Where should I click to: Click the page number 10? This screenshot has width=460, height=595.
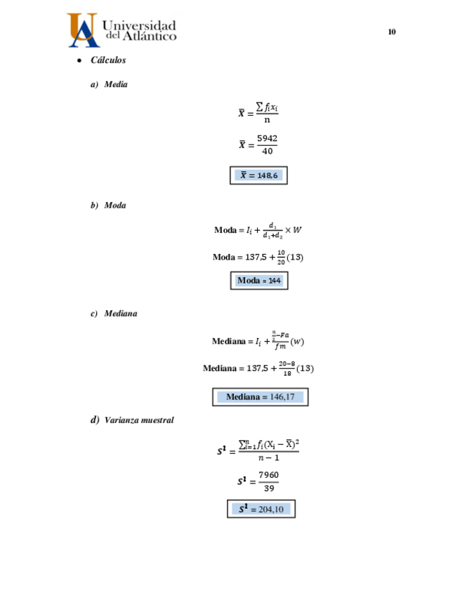(392, 32)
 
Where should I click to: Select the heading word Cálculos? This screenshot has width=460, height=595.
(108, 60)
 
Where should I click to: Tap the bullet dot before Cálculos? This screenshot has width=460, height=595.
(79, 61)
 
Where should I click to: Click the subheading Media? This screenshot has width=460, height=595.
(116, 85)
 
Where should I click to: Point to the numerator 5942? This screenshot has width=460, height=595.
(267, 139)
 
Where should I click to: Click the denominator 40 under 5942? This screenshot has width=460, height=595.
(267, 152)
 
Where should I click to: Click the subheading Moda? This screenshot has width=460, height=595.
(115, 206)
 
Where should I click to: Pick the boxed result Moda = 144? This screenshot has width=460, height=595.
(258, 281)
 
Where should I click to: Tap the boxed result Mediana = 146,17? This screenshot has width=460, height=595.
(261, 397)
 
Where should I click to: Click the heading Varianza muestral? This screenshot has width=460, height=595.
(138, 420)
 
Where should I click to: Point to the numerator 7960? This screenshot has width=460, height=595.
(268, 474)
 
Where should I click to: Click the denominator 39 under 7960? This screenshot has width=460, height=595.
(268, 488)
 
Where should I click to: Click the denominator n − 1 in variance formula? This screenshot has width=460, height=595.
(268, 458)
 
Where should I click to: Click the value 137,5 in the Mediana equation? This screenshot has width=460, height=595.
(254, 368)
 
